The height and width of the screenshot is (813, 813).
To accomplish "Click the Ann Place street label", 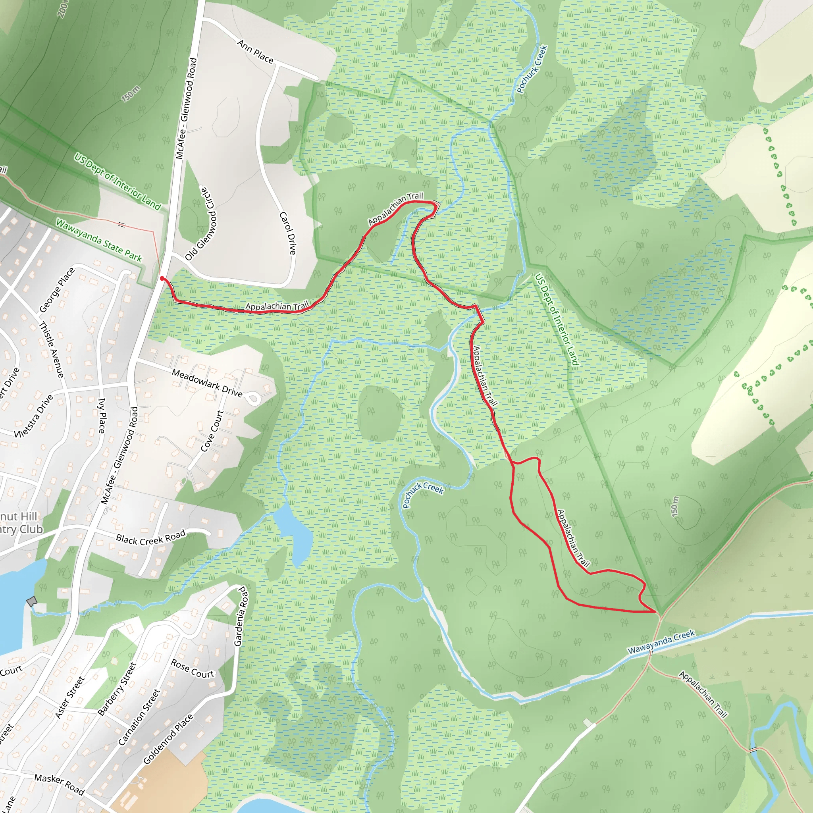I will tap(255, 51).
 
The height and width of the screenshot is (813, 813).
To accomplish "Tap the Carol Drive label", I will tap(288, 233).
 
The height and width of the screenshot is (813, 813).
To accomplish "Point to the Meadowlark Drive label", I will tap(207, 383).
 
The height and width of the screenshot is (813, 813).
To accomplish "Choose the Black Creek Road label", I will tap(150, 538).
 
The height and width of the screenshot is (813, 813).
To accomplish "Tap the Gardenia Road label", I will tap(239, 616).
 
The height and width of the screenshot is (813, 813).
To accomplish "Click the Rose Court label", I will tap(193, 669).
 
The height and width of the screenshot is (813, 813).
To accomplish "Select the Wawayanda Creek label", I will tap(661, 642).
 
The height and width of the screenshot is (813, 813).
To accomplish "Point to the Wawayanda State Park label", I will tap(99, 240).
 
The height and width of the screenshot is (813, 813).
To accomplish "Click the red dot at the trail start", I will tap(162, 278).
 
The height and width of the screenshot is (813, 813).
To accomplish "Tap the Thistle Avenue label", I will tap(51, 350).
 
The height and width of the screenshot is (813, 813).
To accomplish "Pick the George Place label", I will tap(57, 290).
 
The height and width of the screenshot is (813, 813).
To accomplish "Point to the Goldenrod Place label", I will tap(168, 739).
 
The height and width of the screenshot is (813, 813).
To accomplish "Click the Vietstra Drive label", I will tap(34, 416).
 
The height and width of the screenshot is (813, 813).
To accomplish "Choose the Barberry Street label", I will tap(117, 689).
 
